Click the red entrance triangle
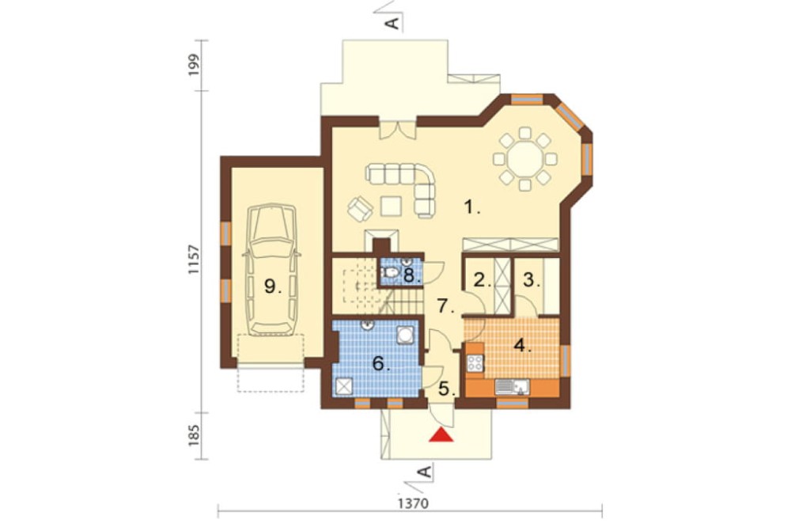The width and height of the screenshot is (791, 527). pyautogui.click(x=441, y=435)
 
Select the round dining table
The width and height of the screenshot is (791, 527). pyautogui.click(x=524, y=159)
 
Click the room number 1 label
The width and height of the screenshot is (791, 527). pyautogui.click(x=471, y=207)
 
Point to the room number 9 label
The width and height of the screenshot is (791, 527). pyautogui.click(x=273, y=286)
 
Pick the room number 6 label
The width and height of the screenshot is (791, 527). pyautogui.click(x=381, y=363)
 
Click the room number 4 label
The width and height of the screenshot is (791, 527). pyautogui.click(x=523, y=346)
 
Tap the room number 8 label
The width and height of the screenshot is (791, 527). pyautogui.click(x=411, y=276)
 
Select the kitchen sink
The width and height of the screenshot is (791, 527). pyautogui.click(x=512, y=387)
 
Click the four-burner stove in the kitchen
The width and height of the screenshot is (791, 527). pyautogui.click(x=475, y=363)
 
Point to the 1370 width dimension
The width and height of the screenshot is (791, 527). pyautogui.click(x=413, y=504)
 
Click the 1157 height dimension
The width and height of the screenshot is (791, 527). pyautogui.click(x=194, y=260)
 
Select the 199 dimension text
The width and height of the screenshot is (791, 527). pyautogui.click(x=195, y=65)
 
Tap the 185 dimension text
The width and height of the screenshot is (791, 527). pyautogui.click(x=195, y=436)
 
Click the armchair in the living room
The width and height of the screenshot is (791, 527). pyautogui.click(x=360, y=208)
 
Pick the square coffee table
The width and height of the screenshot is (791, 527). pyautogui.click(x=391, y=206)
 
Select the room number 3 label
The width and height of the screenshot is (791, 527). pyautogui.click(x=531, y=279)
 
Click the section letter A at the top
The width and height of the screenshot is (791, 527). pyautogui.click(x=393, y=22)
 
